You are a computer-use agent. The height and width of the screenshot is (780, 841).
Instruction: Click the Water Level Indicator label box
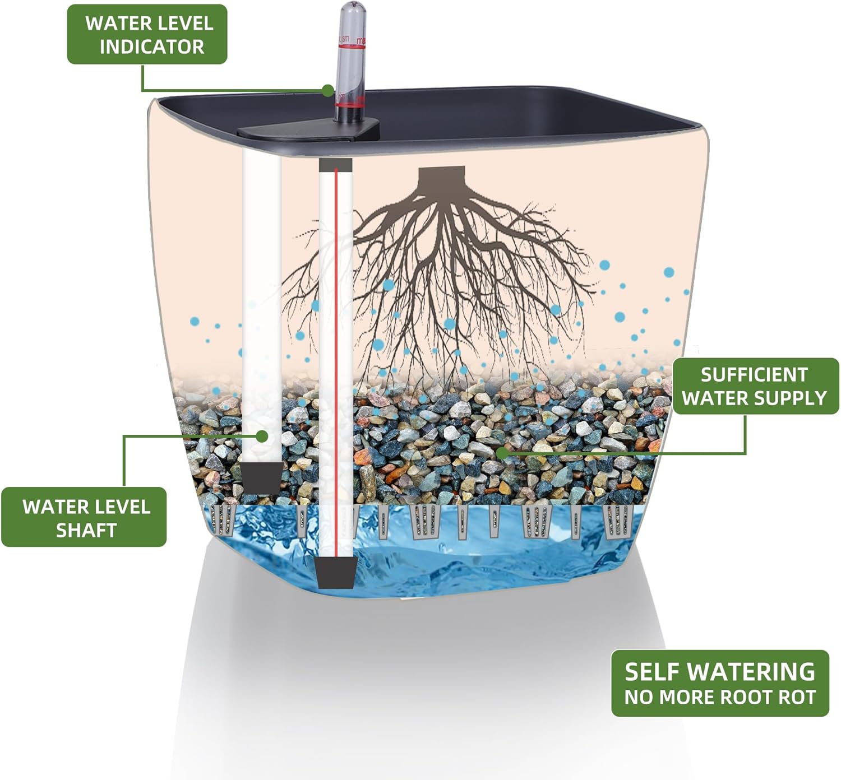coord(147,34)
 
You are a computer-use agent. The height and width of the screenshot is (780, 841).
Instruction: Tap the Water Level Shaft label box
coord(84,517)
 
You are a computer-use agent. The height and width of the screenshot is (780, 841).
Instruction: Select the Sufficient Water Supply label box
coord(755,386)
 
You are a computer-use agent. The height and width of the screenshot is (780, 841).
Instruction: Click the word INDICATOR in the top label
coord(151,47)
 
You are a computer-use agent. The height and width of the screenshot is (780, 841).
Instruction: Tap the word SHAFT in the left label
coord(86,530)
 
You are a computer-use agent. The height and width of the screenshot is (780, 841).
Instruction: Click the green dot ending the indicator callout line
coord(327,90)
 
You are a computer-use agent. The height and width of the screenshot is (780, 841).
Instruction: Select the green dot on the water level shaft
coord(262,436)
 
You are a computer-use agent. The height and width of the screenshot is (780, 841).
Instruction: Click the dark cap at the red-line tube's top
coord(335,165)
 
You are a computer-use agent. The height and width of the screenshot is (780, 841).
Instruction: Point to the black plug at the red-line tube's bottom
coord(335,573)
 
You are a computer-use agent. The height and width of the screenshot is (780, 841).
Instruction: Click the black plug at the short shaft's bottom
coord(262,476)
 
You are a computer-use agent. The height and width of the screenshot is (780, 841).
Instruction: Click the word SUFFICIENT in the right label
coord(754,374)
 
